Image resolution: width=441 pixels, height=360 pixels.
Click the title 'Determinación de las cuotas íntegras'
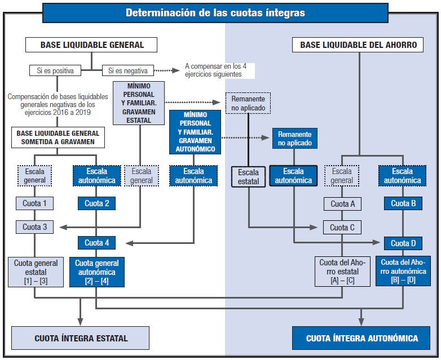pyautogui.click(x=215, y=12)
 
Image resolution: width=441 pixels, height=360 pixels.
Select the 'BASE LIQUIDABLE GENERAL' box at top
pyautogui.click(x=91, y=45)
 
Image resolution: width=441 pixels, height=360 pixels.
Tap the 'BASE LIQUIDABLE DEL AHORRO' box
pyautogui.click(x=358, y=45)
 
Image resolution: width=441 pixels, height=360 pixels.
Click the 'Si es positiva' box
pyautogui.click(x=55, y=71)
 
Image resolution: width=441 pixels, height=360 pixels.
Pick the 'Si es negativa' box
pyautogui.click(x=128, y=71)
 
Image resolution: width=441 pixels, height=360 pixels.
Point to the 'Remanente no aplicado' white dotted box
pyautogui.click(x=248, y=103)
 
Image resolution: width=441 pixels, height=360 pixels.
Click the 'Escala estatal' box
pyautogui.click(x=248, y=176)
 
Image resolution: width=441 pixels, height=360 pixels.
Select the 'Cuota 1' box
pyautogui.click(x=35, y=203)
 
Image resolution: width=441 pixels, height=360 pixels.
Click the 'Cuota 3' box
pyautogui.click(x=35, y=228)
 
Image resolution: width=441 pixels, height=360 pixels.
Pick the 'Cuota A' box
pyautogui.click(x=342, y=204)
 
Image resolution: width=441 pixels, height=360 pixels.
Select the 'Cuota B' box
pyautogui.click(x=403, y=204)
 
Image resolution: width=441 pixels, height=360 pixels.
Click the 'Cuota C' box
pyautogui.click(x=342, y=228)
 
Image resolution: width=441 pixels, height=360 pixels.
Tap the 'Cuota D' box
pyautogui.click(x=403, y=243)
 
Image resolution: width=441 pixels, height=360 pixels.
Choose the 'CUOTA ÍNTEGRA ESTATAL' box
pyautogui.click(x=81, y=338)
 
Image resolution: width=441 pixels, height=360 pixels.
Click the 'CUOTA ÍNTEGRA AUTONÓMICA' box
pyautogui.click(x=362, y=338)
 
